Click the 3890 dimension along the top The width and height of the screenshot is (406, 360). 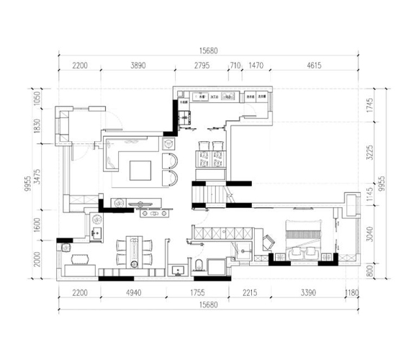pos(137,66)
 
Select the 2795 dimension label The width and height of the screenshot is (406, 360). pos(202,66)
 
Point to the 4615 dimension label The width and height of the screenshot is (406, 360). pos(313,66)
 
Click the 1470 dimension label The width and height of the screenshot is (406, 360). pos(256,66)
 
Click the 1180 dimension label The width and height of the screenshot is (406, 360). pos(351,293)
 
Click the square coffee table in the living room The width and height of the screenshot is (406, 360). pos(140,171)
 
